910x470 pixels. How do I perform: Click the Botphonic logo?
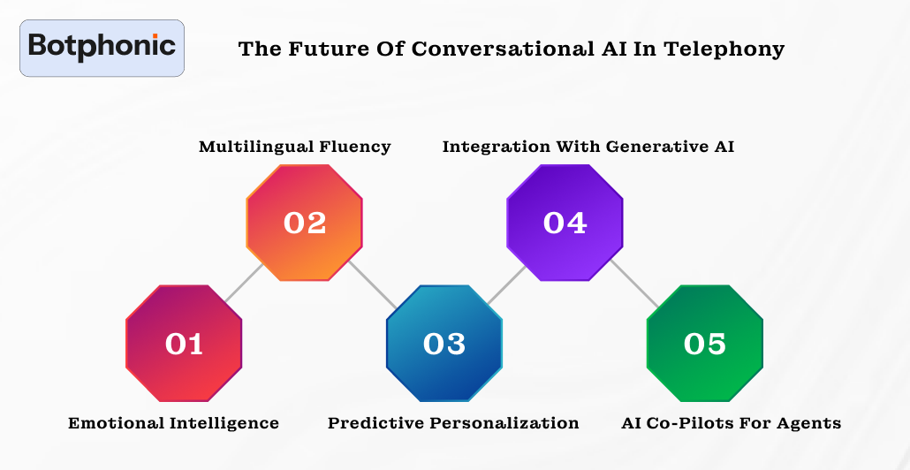(102, 48)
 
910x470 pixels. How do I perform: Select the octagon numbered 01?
(184, 343)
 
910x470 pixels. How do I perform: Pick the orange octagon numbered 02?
(305, 223)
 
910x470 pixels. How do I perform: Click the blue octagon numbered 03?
(444, 343)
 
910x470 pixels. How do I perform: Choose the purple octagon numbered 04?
(565, 223)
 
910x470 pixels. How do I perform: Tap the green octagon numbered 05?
(704, 343)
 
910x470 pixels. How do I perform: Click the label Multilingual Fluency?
(294, 147)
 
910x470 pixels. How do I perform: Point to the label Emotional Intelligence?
(173, 423)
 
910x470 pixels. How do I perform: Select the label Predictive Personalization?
(453, 423)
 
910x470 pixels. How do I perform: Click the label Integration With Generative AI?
(588, 147)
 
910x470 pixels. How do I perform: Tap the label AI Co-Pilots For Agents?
(732, 423)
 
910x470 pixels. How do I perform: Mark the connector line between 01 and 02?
(243, 284)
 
